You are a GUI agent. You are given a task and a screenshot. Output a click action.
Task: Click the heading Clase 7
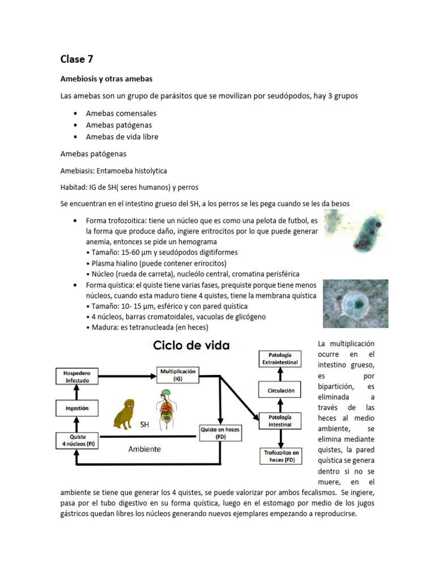tap(77, 58)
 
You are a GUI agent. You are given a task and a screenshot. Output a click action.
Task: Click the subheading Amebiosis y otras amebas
tap(106, 78)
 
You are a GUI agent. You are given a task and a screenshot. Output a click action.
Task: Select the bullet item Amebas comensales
tap(121, 113)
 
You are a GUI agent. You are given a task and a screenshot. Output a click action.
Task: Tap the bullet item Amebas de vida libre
tap(122, 137)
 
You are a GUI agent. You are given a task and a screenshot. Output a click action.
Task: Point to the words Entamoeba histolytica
tap(132, 170)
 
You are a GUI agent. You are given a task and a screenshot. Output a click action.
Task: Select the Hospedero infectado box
tap(77, 377)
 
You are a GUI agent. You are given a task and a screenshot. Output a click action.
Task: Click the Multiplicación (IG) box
tap(178, 374)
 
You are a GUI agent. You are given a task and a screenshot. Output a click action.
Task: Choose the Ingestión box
tap(77, 408)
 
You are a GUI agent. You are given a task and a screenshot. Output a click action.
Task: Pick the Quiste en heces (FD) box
tap(220, 433)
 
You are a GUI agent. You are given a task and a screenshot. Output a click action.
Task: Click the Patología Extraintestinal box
tap(280, 358)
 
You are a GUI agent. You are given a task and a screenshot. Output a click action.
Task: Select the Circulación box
tap(280, 390)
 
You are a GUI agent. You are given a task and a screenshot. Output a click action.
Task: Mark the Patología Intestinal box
tap(280, 421)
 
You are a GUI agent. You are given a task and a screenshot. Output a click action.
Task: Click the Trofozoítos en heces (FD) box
tap(282, 457)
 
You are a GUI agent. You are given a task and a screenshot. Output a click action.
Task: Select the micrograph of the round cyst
tap(355, 304)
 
